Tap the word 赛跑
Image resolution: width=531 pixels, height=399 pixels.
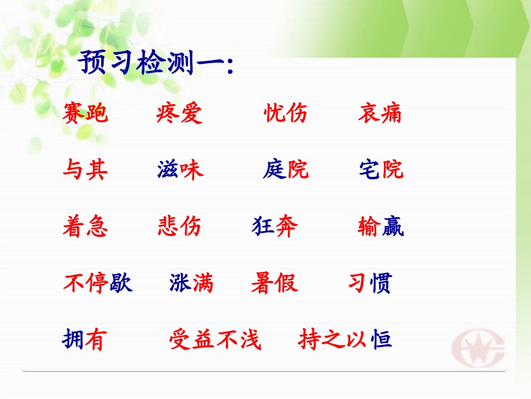click(86, 114)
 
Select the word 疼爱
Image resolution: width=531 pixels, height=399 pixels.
click(179, 114)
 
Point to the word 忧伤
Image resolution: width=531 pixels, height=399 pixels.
click(286, 114)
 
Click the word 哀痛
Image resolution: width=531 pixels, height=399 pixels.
click(380, 114)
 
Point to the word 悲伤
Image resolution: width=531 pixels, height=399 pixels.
click(179, 227)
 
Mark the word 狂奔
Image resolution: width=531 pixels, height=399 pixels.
click(275, 227)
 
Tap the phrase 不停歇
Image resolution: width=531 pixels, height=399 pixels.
click(97, 284)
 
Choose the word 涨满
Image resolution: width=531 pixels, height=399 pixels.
click(191, 284)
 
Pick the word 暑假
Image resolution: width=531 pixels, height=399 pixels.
click(274, 284)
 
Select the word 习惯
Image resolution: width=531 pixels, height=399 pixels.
click(370, 284)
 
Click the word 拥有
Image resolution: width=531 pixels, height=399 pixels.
click(84, 340)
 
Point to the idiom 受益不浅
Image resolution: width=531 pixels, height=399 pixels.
click(215, 340)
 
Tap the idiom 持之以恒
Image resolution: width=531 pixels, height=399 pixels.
click(345, 340)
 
